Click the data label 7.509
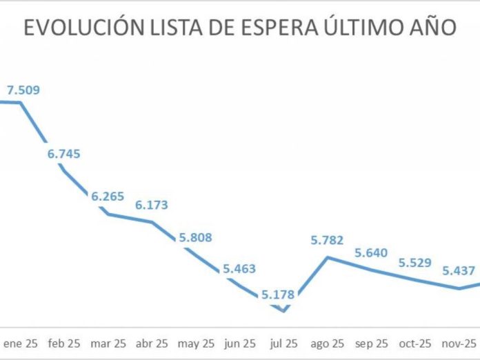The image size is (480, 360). pyautogui.click(x=23, y=89)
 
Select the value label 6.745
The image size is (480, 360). pyautogui.click(x=64, y=153)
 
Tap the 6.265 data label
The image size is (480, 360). pyautogui.click(x=108, y=197)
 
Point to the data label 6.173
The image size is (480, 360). pyautogui.click(x=152, y=205)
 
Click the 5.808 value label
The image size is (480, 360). pyautogui.click(x=195, y=237)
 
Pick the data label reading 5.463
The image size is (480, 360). pyautogui.click(x=239, y=269)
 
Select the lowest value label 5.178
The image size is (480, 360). pyautogui.click(x=278, y=294)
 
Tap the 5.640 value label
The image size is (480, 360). pyautogui.click(x=371, y=252)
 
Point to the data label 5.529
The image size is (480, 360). pyautogui.click(x=415, y=262)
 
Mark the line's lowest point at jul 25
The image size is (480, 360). pyautogui.click(x=283, y=310)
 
